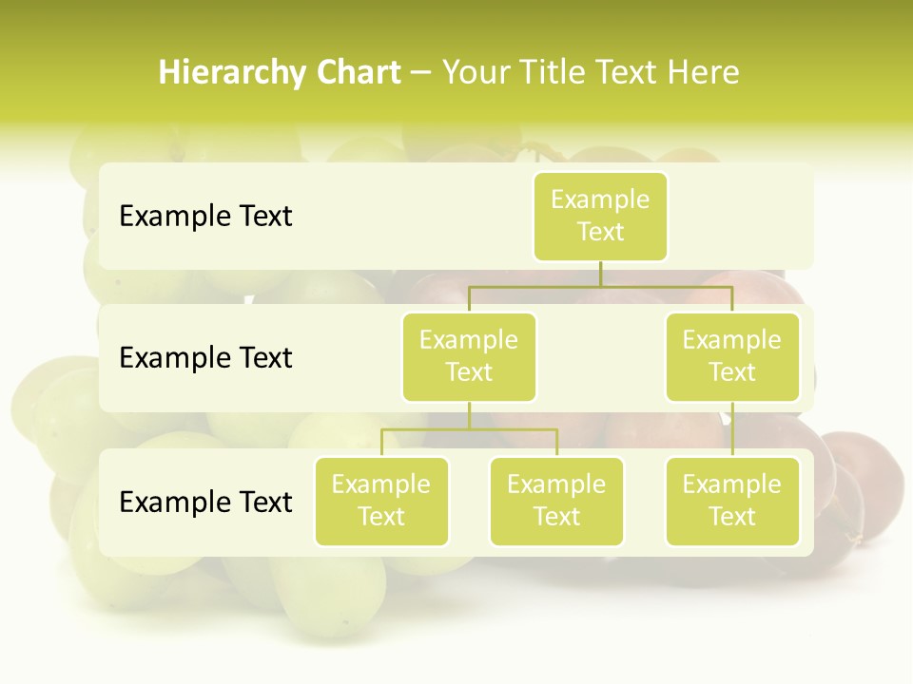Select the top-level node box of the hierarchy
pyautogui.click(x=600, y=217)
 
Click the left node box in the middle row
pyautogui.click(x=469, y=357)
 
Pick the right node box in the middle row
pyautogui.click(x=732, y=357)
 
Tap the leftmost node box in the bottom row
pyautogui.click(x=381, y=502)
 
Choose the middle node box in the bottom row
pyautogui.click(x=556, y=502)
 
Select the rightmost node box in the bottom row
pyautogui.click(x=732, y=502)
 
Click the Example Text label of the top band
pyautogui.click(x=205, y=217)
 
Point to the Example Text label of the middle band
pyautogui.click(x=205, y=358)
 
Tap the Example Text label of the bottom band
pyautogui.click(x=205, y=502)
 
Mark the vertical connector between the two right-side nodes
pyautogui.click(x=732, y=429)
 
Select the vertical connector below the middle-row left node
pyautogui.click(x=469, y=415)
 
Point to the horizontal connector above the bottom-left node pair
pyautogui.click(x=469, y=429)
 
